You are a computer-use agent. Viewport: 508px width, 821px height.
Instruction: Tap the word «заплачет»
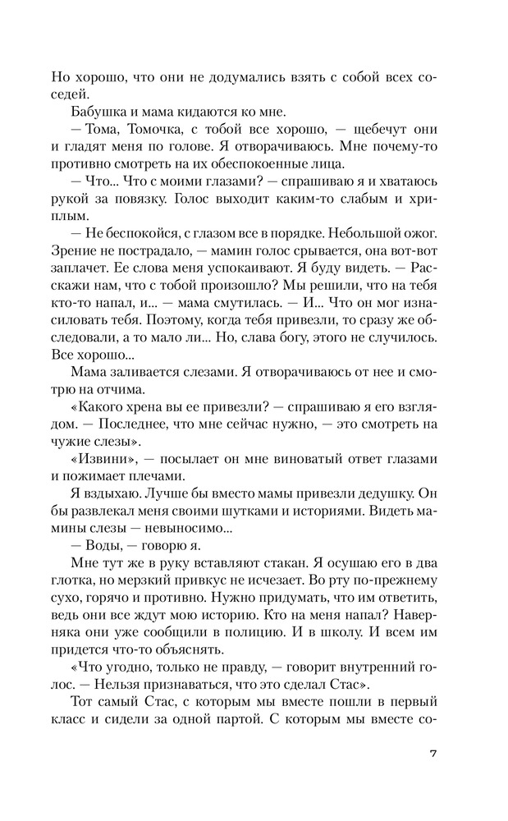pos(81,286)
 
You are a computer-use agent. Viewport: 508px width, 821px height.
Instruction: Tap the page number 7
pos(432,776)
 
